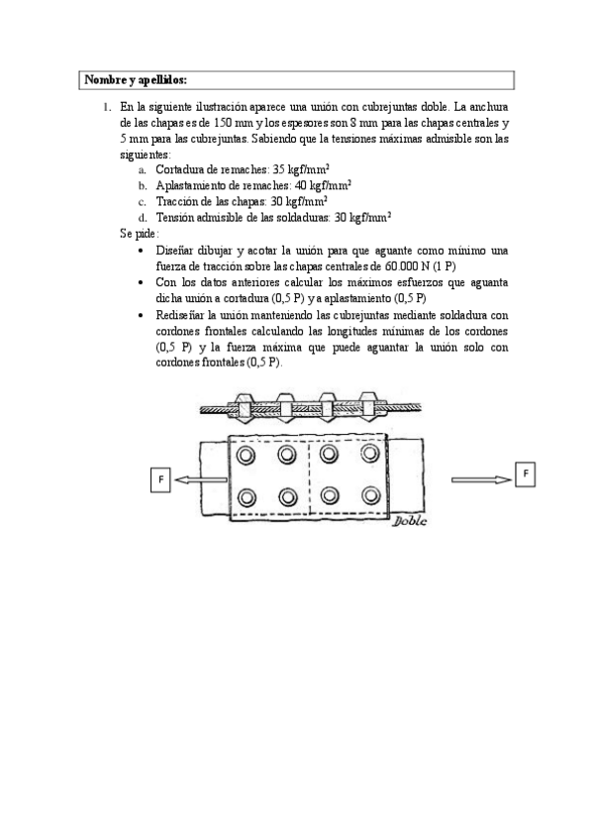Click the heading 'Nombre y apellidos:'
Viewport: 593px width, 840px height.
tap(136, 79)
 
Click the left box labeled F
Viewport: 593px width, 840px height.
tap(161, 479)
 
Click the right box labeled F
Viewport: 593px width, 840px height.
tap(526, 473)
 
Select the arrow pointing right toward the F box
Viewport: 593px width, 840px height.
tap(480, 479)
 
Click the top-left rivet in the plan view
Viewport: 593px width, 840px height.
tap(246, 455)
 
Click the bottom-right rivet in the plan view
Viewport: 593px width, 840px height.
tap(372, 495)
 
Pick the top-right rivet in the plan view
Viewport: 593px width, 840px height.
tap(372, 455)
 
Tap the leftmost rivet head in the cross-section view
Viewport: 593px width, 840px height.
tap(245, 407)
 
